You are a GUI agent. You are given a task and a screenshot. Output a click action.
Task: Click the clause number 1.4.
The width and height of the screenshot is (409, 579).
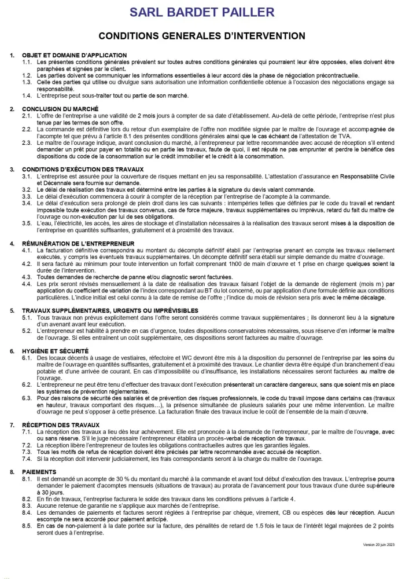27,96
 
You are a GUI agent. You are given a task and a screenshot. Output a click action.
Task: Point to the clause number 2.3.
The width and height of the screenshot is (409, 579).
27,142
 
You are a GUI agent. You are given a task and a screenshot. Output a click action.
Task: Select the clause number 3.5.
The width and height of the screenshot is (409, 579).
27,223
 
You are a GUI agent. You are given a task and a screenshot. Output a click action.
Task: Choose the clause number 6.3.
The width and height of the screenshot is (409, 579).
27,398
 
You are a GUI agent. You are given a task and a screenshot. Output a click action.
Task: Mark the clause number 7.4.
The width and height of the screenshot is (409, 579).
27,459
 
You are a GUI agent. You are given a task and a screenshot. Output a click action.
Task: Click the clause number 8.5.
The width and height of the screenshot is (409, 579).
27,526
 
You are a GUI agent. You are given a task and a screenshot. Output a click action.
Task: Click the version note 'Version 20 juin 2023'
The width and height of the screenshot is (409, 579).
378,545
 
